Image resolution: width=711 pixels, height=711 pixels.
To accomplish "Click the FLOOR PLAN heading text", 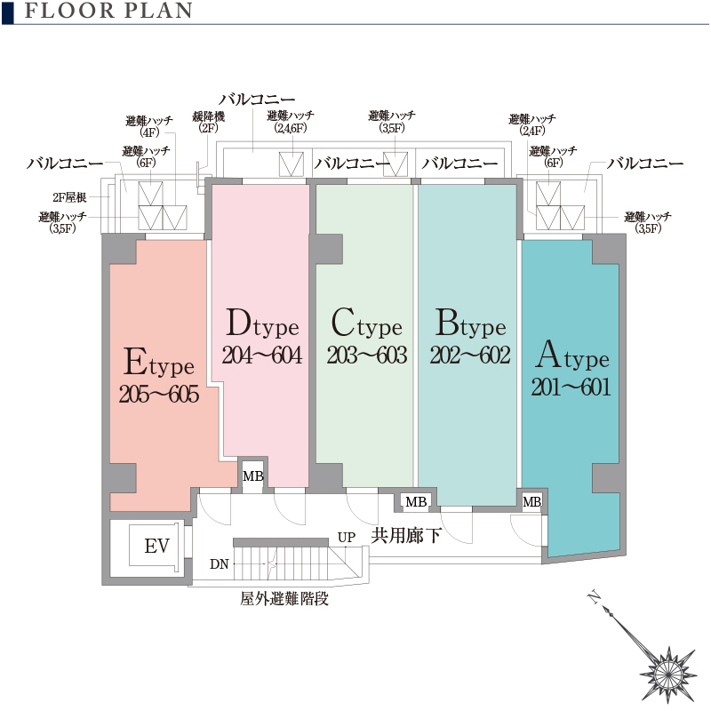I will pos(109,12).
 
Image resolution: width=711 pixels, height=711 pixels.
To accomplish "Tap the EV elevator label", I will pos(156,547).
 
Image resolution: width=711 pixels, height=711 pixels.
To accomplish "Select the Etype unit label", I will pos(159,363).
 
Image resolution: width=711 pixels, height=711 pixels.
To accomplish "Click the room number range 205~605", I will pos(159,395).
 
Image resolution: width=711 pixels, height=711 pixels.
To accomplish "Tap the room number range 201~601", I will pos(571,387).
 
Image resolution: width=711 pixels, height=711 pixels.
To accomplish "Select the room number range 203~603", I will pos(366,355).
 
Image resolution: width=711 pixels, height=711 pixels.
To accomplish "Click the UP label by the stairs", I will pos(347,538).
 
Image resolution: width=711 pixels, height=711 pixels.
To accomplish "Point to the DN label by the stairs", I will pos(220,564).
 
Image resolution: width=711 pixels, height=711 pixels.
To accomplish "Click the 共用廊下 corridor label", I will pos(406,535).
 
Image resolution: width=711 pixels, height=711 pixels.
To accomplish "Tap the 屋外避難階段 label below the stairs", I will pos(284,599).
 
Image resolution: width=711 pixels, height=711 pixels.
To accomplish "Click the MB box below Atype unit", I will pos(531,503).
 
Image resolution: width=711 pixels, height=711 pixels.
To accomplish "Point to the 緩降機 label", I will pos(208,116).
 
